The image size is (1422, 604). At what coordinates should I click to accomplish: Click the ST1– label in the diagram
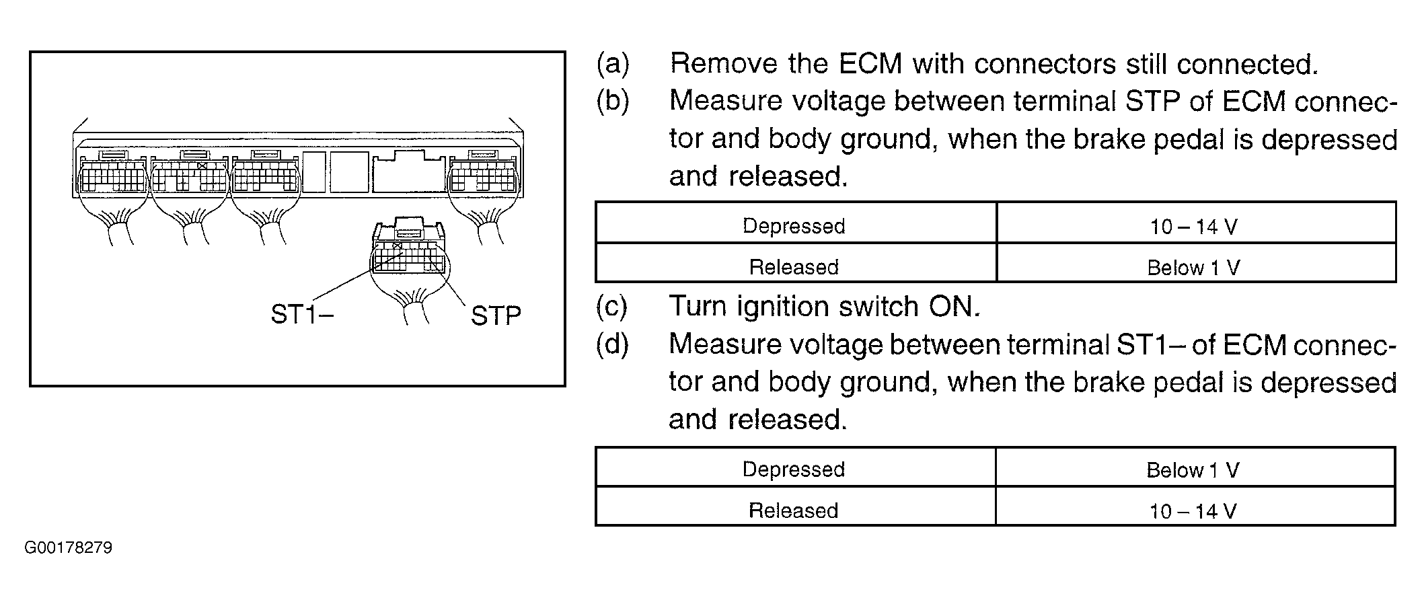(301, 314)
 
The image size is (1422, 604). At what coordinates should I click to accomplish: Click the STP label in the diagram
(496, 315)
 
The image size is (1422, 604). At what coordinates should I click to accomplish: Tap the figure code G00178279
(68, 548)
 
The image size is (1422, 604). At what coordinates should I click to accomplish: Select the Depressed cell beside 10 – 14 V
(794, 226)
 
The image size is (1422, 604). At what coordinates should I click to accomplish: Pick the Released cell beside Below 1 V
(794, 267)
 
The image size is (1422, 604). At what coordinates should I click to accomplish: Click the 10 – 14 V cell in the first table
(1193, 227)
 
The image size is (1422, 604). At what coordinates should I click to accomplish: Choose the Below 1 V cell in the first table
(1193, 268)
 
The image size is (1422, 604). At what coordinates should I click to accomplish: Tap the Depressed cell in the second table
(794, 469)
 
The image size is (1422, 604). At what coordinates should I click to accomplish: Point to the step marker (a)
(613, 64)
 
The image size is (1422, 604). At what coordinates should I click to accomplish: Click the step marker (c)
(612, 307)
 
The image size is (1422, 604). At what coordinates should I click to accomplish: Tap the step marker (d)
(612, 344)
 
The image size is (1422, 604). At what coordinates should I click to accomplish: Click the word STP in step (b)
(1152, 102)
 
